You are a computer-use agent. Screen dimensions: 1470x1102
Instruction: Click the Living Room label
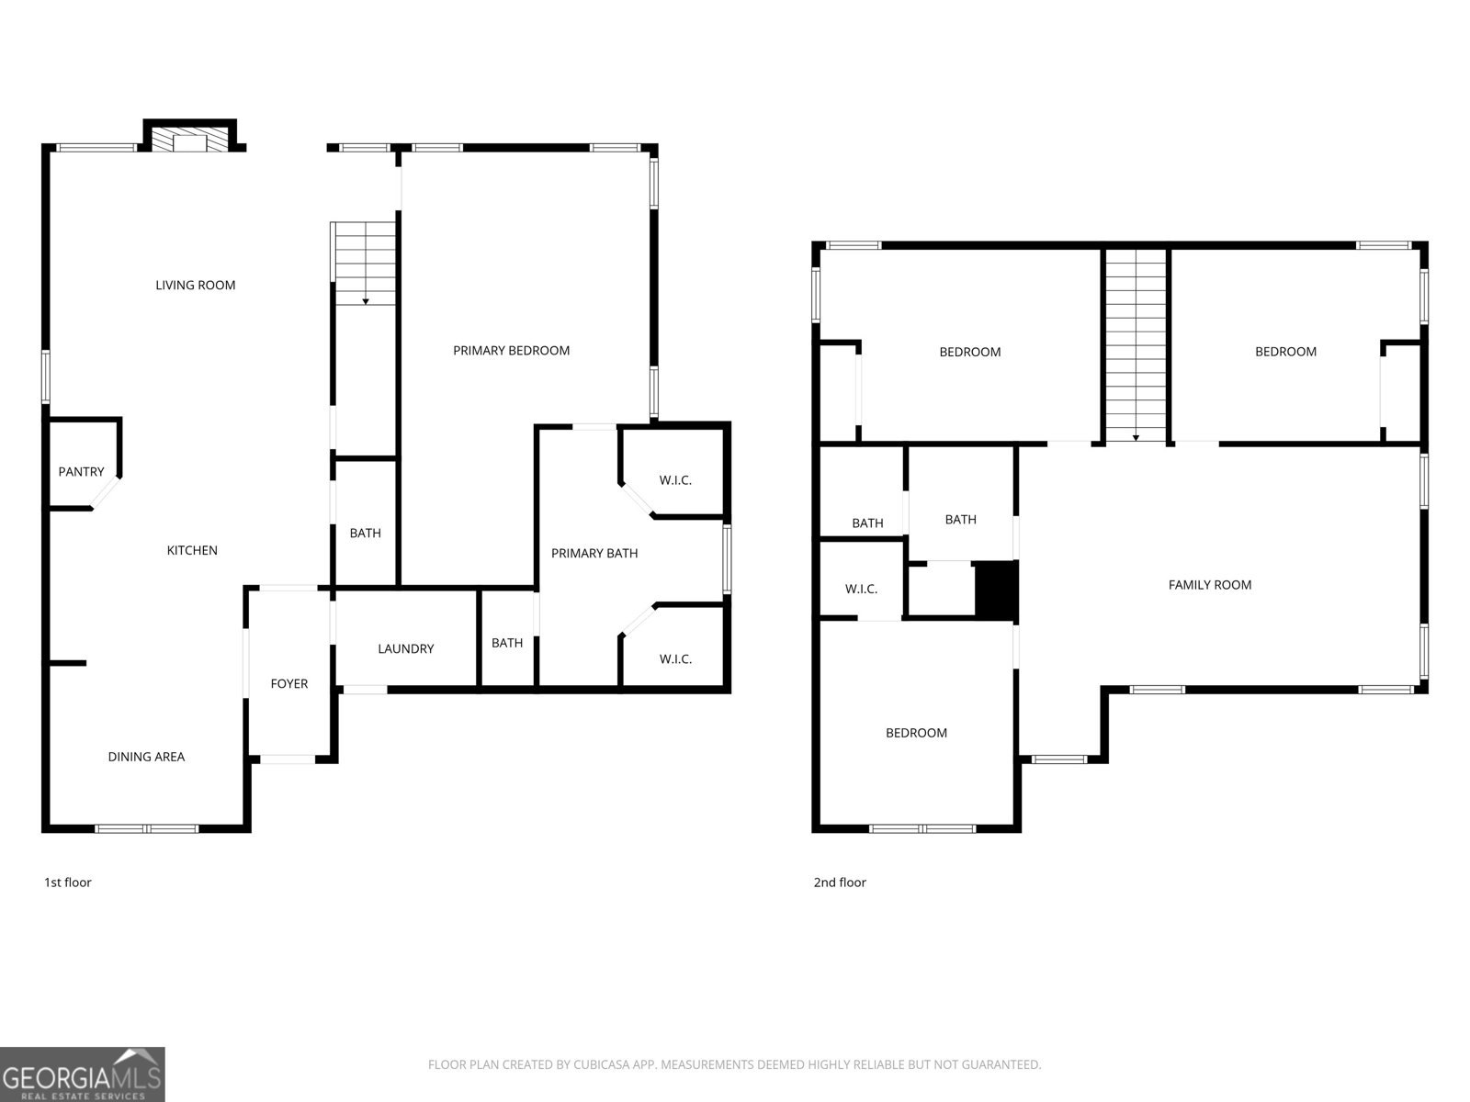[x=196, y=285]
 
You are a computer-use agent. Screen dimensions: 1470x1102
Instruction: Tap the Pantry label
[x=81, y=472]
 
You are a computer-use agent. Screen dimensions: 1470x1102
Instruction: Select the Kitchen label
[x=192, y=550]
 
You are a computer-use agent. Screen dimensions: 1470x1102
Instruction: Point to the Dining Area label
[x=147, y=757]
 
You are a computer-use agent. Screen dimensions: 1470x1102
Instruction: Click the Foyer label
[x=289, y=684]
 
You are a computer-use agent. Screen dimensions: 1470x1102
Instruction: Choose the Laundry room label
[x=406, y=648]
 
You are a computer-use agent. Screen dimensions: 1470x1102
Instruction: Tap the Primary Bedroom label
[x=512, y=351]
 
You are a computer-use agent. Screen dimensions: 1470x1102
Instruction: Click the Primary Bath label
[x=594, y=554]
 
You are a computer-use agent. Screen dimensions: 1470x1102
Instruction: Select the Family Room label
[x=1210, y=585]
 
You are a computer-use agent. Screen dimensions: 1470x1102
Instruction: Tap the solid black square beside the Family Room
[x=997, y=590]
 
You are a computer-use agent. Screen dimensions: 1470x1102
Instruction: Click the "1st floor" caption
[x=68, y=883]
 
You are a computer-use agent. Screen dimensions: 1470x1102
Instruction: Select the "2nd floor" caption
[x=840, y=883]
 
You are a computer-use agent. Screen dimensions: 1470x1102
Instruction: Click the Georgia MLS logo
[x=83, y=1074]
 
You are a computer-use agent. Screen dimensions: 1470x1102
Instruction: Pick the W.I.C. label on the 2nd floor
[x=861, y=589]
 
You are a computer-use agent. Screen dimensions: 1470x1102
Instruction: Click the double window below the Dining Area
[x=147, y=829]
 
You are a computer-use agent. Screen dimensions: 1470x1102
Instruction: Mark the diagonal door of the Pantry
[x=105, y=492]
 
